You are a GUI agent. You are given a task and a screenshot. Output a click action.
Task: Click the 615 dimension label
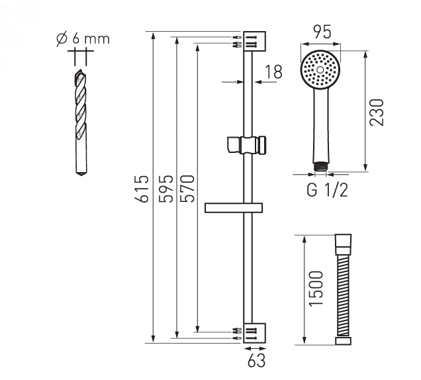pyautogui.click(x=141, y=189)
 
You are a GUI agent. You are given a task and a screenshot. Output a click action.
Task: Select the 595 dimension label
pyautogui.click(x=165, y=189)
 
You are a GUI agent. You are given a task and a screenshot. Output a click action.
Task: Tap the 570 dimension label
pyautogui.click(x=187, y=189)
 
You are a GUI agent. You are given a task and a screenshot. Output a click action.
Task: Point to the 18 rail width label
pyautogui.click(x=273, y=72)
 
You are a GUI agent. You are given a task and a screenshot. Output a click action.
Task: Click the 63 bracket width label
pyautogui.click(x=256, y=360)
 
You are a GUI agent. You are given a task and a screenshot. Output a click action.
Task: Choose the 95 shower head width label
pyautogui.click(x=322, y=32)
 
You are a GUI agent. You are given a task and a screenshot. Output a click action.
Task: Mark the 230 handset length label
pyautogui.click(x=377, y=113)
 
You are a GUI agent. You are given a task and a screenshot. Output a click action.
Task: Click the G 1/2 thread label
pyautogui.click(x=327, y=190)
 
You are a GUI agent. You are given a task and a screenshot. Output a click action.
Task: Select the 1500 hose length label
pyautogui.click(x=316, y=288)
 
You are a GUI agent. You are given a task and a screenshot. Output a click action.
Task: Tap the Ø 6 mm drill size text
pyautogui.click(x=83, y=39)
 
